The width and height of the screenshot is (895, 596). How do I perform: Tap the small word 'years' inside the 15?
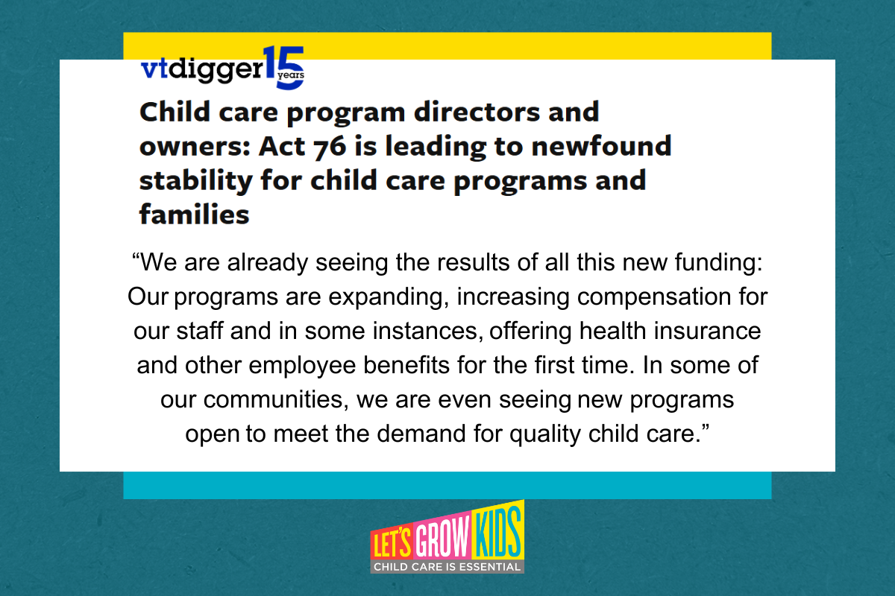click(x=291, y=75)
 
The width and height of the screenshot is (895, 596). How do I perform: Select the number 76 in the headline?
click(x=330, y=147)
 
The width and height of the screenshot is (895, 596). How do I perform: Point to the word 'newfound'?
click(x=601, y=146)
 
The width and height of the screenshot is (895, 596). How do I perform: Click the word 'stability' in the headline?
click(x=196, y=181)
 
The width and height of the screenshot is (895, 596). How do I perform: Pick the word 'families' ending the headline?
click(x=194, y=215)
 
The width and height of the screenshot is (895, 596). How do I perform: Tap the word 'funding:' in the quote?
click(x=719, y=263)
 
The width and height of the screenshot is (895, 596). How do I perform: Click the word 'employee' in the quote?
click(x=302, y=367)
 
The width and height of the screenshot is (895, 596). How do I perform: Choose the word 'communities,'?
click(x=276, y=400)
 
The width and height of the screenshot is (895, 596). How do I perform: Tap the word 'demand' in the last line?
click(x=421, y=434)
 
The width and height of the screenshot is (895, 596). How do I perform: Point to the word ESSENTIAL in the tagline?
click(x=489, y=567)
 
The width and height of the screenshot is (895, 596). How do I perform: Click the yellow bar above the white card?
click(x=447, y=46)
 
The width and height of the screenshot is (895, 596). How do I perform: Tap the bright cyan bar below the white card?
click(x=447, y=485)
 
